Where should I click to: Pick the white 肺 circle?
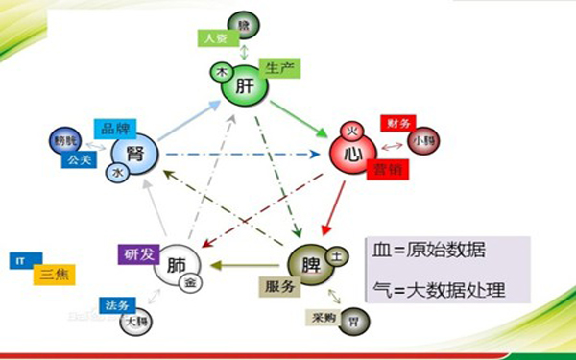click(178, 263)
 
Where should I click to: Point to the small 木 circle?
click(219, 71)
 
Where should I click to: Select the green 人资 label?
click(214, 39)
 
